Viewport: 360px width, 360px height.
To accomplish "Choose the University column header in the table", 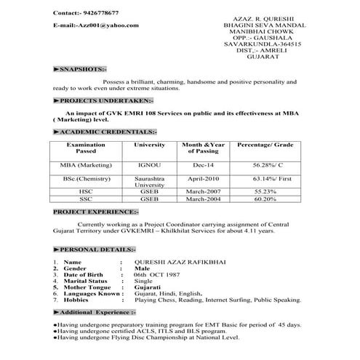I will tap(149, 145).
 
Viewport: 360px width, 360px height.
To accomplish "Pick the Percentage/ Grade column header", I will tap(264, 145).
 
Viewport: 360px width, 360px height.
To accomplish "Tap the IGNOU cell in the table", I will tap(149, 165).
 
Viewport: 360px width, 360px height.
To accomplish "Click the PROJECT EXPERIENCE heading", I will tap(95, 212).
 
